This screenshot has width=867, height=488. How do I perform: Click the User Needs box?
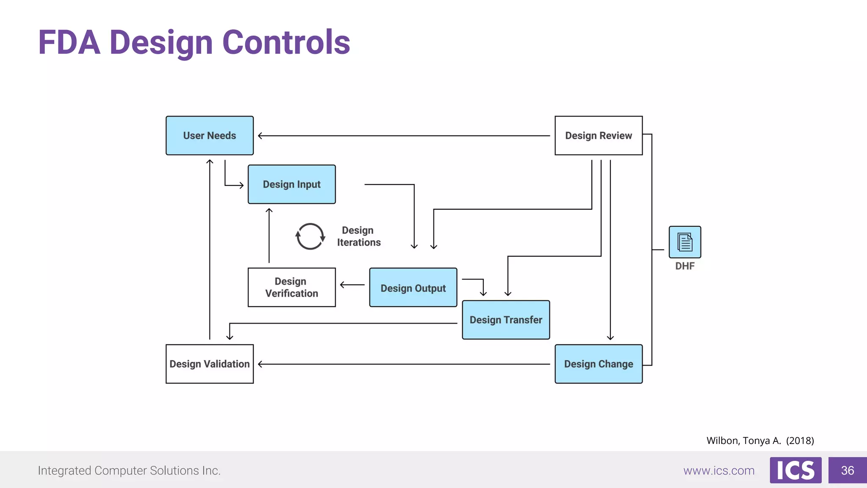click(210, 136)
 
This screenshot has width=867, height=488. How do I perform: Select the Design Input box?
click(292, 184)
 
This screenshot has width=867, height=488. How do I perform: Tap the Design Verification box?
click(292, 287)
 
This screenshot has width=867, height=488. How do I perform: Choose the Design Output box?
click(413, 288)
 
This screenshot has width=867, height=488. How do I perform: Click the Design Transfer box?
click(506, 320)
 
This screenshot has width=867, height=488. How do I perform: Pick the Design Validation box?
click(210, 364)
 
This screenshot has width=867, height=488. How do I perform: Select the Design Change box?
click(599, 364)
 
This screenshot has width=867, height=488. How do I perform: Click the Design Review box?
click(599, 136)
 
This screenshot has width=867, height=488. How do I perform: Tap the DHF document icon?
click(685, 242)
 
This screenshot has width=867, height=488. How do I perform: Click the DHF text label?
click(685, 266)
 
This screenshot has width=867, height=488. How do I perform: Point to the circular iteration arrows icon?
click(310, 236)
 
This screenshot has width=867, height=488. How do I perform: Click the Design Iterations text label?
click(359, 236)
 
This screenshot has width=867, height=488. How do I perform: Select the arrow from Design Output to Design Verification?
click(352, 285)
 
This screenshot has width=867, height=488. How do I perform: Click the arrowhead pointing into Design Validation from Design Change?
click(261, 364)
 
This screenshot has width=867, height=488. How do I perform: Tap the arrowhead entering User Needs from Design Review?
click(261, 136)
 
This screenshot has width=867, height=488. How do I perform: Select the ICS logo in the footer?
click(795, 470)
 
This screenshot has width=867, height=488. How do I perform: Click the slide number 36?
click(847, 470)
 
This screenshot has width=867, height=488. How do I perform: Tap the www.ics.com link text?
click(719, 471)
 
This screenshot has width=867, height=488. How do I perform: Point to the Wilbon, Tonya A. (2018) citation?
click(760, 441)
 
